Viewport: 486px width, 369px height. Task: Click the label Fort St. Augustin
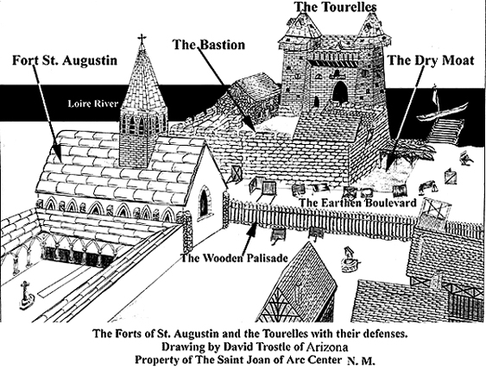click(65, 60)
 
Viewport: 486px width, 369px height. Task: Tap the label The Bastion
click(209, 45)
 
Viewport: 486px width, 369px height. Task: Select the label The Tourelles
click(335, 7)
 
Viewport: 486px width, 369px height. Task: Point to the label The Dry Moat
click(431, 60)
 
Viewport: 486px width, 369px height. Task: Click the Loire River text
click(93, 103)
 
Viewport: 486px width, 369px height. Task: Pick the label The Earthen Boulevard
click(358, 203)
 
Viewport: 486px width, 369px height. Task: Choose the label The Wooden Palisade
click(234, 258)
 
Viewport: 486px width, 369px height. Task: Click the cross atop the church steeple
click(142, 39)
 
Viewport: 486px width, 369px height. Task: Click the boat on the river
click(442, 112)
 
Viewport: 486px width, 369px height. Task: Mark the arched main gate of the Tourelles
click(340, 92)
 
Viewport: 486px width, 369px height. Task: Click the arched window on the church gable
click(204, 203)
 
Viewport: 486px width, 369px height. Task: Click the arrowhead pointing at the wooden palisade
click(253, 230)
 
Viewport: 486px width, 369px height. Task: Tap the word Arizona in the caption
click(327, 347)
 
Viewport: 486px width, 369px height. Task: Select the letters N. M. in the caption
click(361, 361)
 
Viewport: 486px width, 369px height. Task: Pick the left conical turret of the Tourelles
click(300, 29)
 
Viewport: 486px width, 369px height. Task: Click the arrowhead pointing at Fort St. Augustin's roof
click(58, 153)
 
